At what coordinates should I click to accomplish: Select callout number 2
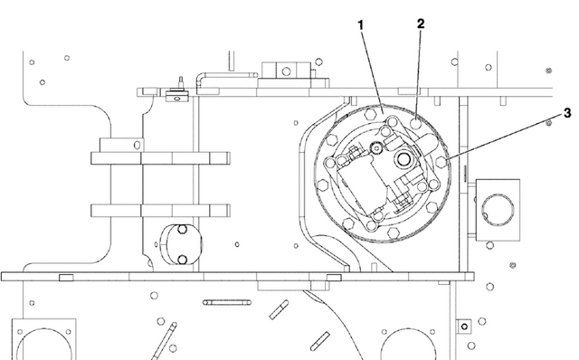pos(422,23)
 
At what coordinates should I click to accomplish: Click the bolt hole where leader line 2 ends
pos(417,121)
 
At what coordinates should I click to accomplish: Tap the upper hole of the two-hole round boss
pos(180,230)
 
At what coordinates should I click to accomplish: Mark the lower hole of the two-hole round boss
pos(182,260)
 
